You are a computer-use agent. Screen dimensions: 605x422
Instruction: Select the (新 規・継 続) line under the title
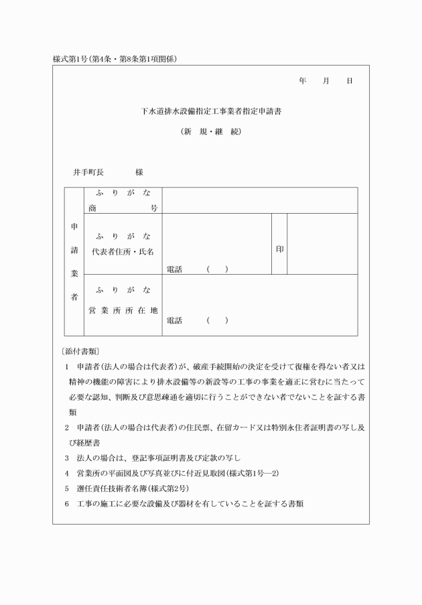coord(211,131)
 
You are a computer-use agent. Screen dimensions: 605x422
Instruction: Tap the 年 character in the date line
coord(303,81)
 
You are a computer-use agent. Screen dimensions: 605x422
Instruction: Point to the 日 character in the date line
coord(349,81)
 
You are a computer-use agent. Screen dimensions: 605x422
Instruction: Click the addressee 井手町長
coord(88,172)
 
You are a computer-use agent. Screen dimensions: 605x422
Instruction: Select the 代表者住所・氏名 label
coord(123,251)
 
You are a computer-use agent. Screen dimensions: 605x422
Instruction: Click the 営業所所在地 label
coord(123,311)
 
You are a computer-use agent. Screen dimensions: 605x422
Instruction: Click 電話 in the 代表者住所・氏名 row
coord(174,269)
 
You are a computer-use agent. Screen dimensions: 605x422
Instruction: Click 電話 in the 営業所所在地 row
coord(174,321)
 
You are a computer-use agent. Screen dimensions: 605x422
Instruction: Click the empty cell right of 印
coord(322,245)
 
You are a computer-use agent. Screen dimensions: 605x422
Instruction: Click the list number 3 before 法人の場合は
coord(67,458)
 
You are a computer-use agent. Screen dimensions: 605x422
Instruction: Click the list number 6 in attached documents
coord(67,504)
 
